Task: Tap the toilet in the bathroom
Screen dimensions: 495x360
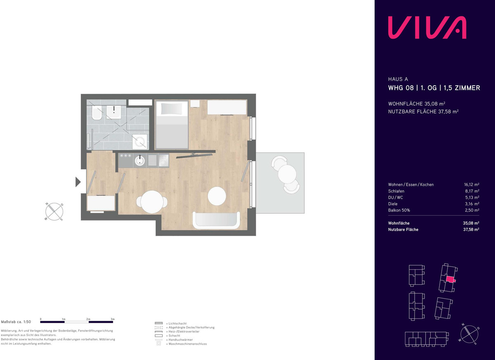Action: tap(97, 113)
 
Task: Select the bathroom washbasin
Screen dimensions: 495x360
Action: tap(113, 112)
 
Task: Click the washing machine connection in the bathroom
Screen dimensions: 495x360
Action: tap(140, 141)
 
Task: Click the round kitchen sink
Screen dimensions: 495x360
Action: tap(140, 160)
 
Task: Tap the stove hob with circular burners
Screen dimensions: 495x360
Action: tap(163, 160)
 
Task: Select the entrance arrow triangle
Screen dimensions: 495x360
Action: tap(78, 182)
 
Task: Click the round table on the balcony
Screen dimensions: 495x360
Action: tap(287, 174)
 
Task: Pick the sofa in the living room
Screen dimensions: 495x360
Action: tap(216, 220)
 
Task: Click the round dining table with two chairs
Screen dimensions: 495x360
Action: tap(152, 202)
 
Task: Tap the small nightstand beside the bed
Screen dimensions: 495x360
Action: tap(195, 104)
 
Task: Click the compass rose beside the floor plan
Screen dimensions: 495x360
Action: tap(54, 212)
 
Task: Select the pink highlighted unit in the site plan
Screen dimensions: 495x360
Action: tap(450, 279)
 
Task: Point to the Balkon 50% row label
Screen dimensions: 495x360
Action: tap(399, 210)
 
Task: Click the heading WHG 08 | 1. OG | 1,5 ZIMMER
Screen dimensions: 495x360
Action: tap(434, 88)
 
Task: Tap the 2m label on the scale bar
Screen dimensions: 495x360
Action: tap(88, 319)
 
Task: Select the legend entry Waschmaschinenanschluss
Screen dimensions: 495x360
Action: tap(188, 344)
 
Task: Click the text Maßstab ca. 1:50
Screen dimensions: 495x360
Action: tap(16, 322)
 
